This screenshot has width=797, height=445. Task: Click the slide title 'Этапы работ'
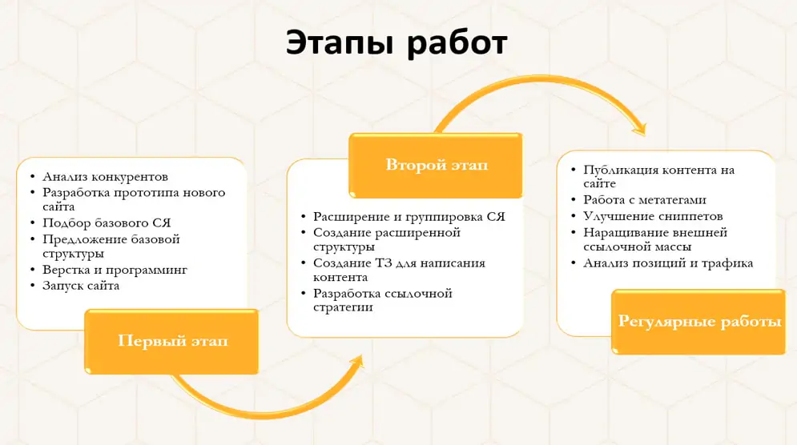[x=396, y=42]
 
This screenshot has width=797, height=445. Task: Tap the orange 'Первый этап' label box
[x=171, y=342]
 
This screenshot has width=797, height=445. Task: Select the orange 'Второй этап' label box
[x=436, y=165]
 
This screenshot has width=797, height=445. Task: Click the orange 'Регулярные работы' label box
[x=699, y=322]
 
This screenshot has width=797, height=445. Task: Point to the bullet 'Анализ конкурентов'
[x=105, y=177]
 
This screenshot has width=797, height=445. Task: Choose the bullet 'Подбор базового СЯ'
[x=107, y=223]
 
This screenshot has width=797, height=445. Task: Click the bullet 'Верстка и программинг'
[x=115, y=270]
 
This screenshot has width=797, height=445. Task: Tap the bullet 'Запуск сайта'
[x=81, y=286]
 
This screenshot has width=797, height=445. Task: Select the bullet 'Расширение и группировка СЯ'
[x=409, y=217]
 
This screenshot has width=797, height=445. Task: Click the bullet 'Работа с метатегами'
[x=645, y=200]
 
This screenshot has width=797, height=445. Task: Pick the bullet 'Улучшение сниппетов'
[x=653, y=216]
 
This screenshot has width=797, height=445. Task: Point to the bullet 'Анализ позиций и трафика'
[x=668, y=263]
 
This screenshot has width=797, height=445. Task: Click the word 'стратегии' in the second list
[x=343, y=307]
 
